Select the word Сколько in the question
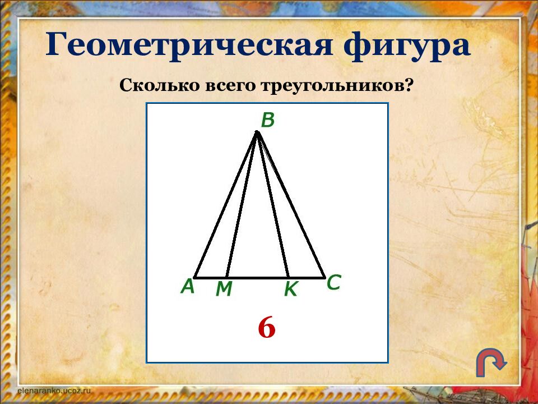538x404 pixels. click(x=151, y=86)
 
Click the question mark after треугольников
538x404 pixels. click(x=410, y=86)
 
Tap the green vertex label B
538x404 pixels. click(x=268, y=120)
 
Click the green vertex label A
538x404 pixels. click(x=187, y=287)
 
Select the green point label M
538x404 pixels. click(x=224, y=289)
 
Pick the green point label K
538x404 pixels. click(x=291, y=289)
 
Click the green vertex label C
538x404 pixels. click(x=333, y=283)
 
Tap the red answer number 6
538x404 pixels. click(x=267, y=328)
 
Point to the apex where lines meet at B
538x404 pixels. click(x=257, y=132)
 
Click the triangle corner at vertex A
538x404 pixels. click(x=195, y=277)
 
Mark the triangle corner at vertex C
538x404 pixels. click(x=324, y=277)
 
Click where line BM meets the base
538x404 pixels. click(x=226, y=277)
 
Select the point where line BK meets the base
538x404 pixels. click(x=288, y=277)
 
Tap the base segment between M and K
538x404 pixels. click(x=257, y=277)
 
